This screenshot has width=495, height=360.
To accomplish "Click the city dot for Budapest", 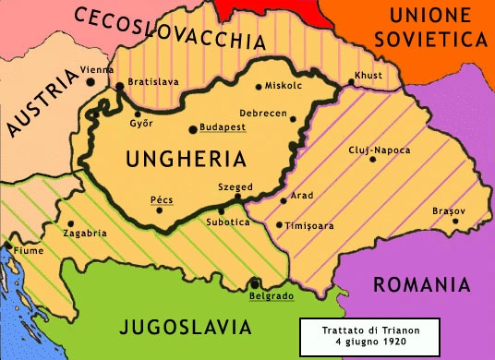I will click(x=192, y=130).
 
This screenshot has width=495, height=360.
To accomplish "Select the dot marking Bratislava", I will click(x=120, y=88).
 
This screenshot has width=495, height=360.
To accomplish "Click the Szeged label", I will click(x=234, y=186).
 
